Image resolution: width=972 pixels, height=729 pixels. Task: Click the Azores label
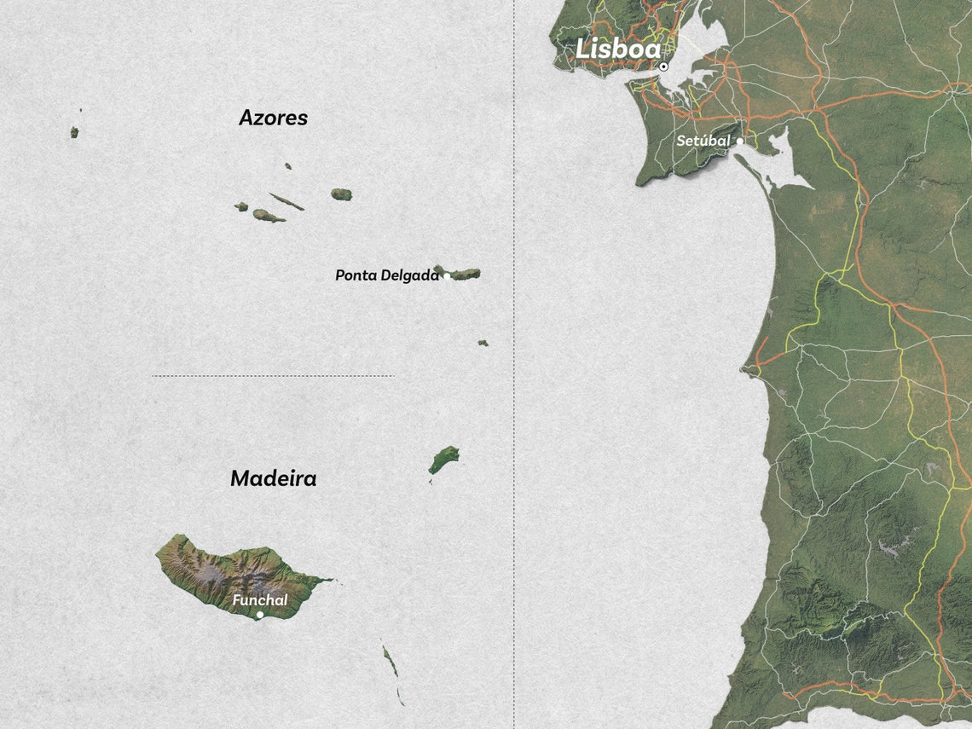point(273,118)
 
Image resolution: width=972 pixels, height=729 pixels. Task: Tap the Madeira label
point(273,479)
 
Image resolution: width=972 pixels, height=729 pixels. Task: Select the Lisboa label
point(617,49)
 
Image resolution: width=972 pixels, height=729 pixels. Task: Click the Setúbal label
point(703,141)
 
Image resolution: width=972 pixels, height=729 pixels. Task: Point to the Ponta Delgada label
point(386,275)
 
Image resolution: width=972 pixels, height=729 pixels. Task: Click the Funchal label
point(259,600)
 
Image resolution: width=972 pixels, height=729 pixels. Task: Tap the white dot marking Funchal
point(260,615)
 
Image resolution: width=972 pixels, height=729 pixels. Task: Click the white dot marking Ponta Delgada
point(446,276)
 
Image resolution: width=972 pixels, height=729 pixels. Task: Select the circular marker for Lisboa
point(663,67)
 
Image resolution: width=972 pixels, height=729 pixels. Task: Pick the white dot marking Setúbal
point(740,141)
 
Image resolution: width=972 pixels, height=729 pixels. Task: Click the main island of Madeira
point(230,571)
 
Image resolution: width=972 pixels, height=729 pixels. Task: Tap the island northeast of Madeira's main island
point(443,460)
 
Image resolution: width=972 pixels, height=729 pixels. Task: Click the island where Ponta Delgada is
point(460,274)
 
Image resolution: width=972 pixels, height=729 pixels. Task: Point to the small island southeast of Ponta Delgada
point(483,343)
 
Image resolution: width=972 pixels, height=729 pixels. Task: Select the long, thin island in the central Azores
point(286,201)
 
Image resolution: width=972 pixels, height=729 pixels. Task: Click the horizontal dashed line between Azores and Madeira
point(273,375)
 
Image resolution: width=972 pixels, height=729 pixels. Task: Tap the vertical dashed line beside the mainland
point(514,367)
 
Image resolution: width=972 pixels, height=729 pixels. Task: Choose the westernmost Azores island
point(74,132)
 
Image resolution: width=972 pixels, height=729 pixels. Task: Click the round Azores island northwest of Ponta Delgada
point(341,194)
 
